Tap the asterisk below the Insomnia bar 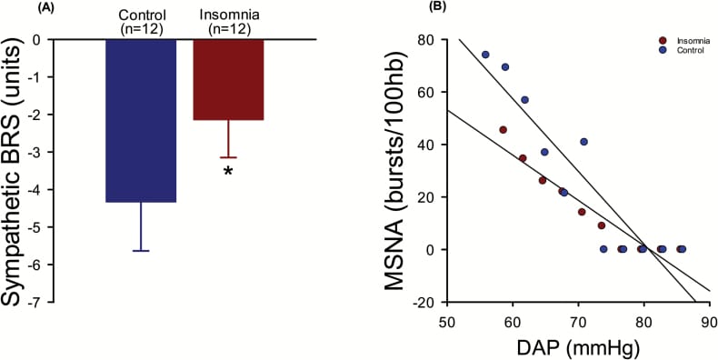coord(228,170)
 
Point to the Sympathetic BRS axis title coord(19,173)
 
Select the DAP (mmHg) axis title coord(577,345)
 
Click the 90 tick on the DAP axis coord(709,321)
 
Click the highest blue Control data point coord(485,55)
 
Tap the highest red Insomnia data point coord(503,130)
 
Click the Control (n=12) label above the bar coord(140,22)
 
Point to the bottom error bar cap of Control coord(140,250)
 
